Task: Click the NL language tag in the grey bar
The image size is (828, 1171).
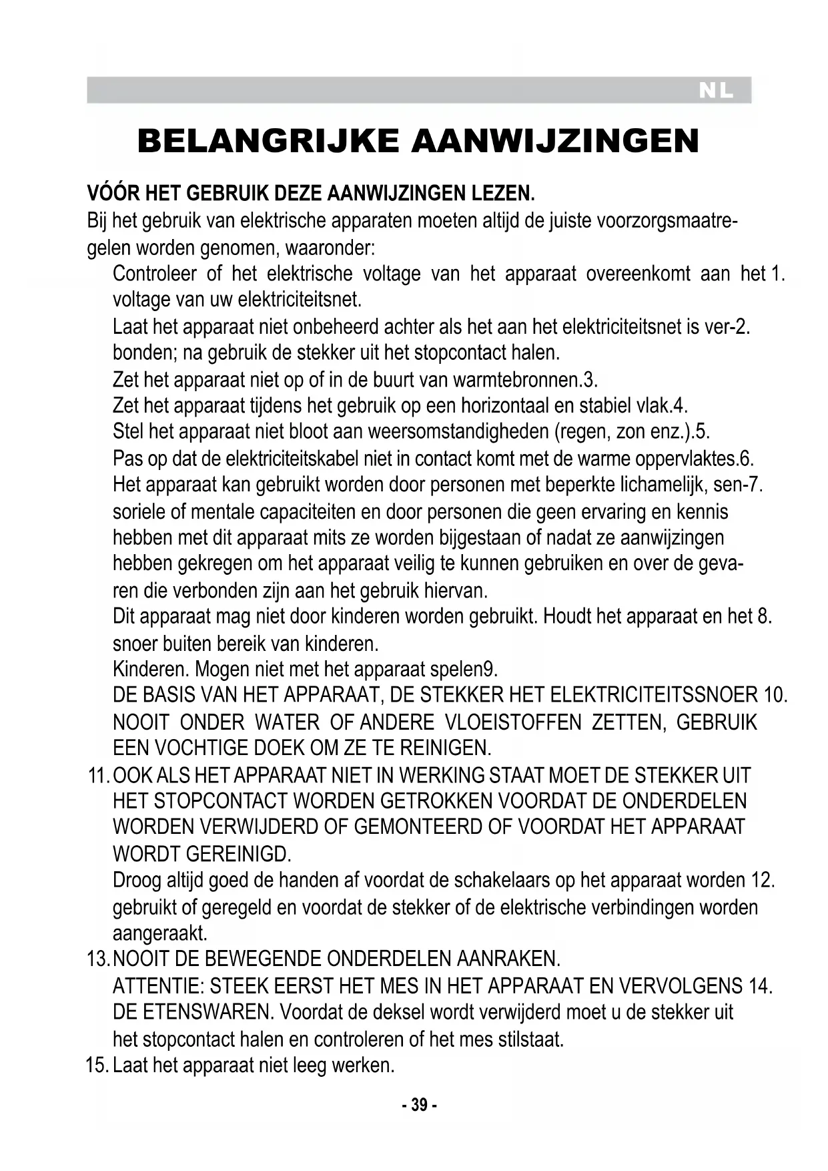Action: coord(715,91)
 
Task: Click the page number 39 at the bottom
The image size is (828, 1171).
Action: coord(419,1105)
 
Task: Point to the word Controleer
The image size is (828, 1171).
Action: coord(155,274)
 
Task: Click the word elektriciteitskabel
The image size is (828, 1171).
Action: coord(293,459)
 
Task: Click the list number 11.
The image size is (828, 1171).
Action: coord(97,776)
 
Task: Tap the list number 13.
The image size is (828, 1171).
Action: coord(97,959)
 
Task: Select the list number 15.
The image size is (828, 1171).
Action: coord(97,1065)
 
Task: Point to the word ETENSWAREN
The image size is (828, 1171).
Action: coord(207,1012)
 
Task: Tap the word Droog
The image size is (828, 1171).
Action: coord(136,881)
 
